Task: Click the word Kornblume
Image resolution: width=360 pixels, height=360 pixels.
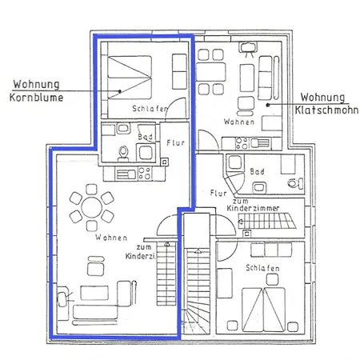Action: [36, 98]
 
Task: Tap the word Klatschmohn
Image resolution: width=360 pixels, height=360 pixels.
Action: [326, 110]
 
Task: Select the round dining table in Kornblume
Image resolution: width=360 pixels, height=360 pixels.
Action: [92, 207]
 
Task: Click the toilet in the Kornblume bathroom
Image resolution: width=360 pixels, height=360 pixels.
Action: [123, 154]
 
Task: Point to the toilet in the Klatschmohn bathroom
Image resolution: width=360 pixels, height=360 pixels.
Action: [295, 183]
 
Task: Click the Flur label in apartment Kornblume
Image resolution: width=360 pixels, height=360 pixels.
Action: [175, 143]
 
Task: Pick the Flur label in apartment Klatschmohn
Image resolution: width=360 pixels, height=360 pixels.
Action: [218, 193]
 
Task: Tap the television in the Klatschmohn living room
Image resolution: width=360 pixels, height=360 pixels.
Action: [249, 50]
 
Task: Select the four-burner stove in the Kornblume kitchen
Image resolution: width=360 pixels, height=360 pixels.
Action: [145, 173]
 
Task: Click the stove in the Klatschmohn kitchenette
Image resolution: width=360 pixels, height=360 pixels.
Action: [242, 143]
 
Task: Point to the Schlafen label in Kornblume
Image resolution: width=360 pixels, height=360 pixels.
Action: [150, 109]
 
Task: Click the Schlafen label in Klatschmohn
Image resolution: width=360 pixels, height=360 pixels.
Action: [262, 268]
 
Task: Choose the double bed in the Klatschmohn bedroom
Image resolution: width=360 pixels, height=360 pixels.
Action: [263, 310]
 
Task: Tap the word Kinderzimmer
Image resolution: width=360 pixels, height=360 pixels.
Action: [253, 208]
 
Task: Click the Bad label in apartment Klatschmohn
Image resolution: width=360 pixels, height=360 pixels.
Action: [257, 171]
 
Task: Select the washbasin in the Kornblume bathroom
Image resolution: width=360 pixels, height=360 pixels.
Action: [123, 129]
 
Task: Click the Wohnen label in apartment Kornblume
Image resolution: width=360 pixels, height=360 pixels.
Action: [111, 238]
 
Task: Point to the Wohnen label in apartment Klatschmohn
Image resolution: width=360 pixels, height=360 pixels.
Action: [239, 122]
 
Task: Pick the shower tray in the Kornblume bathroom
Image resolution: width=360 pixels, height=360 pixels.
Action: [146, 153]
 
